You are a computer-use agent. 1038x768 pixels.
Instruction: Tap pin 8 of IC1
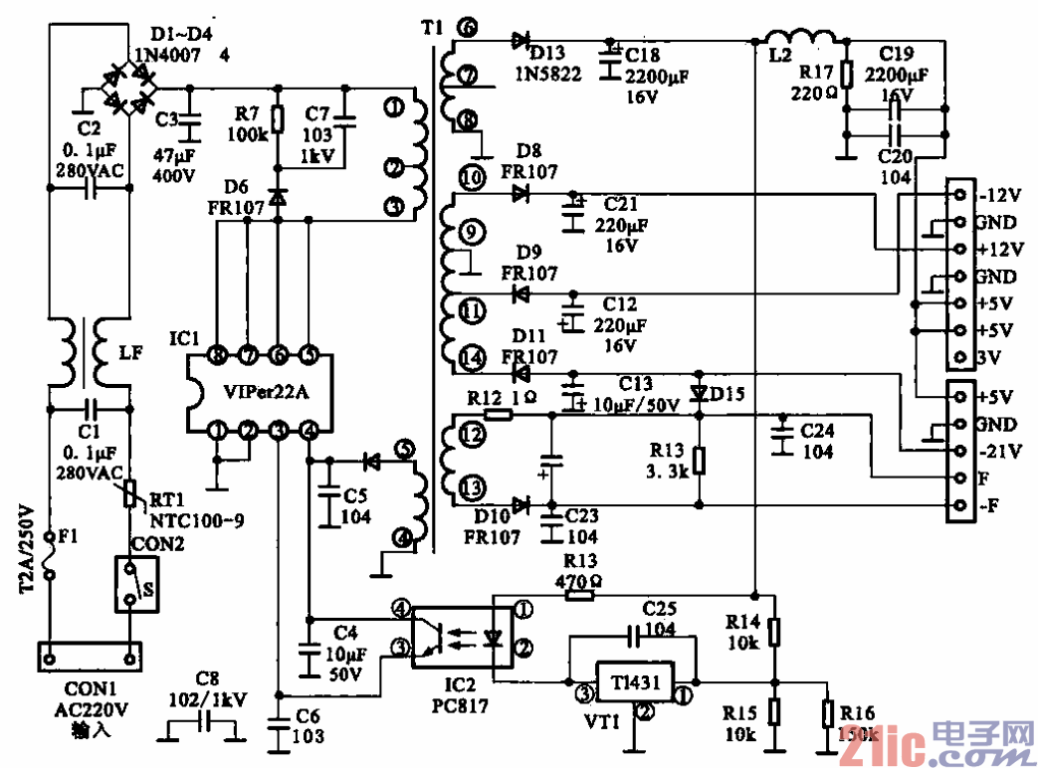click(217, 353)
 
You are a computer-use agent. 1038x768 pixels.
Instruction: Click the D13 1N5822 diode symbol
click(519, 41)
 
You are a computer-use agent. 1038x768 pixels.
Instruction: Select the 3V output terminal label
click(989, 357)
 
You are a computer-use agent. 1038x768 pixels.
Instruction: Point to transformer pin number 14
click(474, 355)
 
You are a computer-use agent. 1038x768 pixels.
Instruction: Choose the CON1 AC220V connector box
click(90, 658)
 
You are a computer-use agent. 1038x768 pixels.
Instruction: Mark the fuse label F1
click(67, 536)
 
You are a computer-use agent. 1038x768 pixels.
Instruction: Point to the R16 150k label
click(857, 724)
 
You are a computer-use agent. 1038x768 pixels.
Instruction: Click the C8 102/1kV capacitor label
click(206, 688)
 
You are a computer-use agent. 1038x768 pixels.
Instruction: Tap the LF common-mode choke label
click(128, 353)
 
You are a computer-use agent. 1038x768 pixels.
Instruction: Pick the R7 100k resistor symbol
click(278, 119)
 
